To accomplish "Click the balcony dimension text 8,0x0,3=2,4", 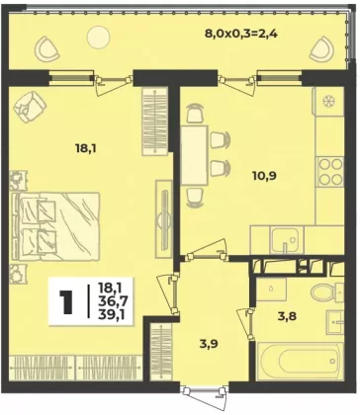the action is click(239, 34).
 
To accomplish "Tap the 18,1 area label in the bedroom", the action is click(86, 148).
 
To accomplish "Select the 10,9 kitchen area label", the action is click(264, 176).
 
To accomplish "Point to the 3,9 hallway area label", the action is click(209, 344).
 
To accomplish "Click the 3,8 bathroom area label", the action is click(287, 316).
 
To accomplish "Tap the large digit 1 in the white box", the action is click(68, 302).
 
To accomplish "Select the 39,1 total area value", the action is click(111, 315).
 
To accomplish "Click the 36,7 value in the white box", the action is click(111, 301).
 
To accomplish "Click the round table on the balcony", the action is click(98, 37).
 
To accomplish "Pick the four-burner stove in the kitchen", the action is click(329, 172).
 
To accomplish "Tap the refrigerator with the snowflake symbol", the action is click(328, 101).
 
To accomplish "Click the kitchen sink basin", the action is click(285, 239).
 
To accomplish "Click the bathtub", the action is click(300, 362).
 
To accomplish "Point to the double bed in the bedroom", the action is click(55, 226).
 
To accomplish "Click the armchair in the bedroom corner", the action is click(30, 107).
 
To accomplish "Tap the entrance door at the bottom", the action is click(205, 394).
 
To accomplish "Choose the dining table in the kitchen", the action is click(195, 155).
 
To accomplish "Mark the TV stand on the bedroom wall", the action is click(164, 219).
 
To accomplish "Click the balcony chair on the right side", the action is click(323, 49).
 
